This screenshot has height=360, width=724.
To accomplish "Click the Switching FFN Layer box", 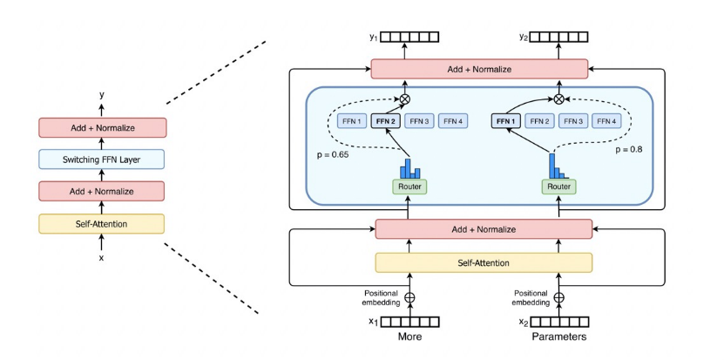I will pyautogui.click(x=100, y=160).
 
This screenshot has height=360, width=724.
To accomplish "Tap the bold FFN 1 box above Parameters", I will pyautogui.click(x=505, y=121).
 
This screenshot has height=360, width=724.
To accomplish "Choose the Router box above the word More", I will pyautogui.click(x=408, y=186).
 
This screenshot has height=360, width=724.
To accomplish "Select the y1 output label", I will pyautogui.click(x=374, y=37).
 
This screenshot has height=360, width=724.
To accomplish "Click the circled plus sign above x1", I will pyautogui.click(x=408, y=297).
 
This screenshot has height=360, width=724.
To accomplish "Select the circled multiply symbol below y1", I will pyautogui.click(x=404, y=99).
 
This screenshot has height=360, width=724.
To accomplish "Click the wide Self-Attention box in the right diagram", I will pyautogui.click(x=483, y=262).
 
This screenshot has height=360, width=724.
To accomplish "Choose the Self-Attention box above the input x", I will pyautogui.click(x=100, y=224).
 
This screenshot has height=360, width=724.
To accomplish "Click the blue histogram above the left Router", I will pyautogui.click(x=409, y=166).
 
